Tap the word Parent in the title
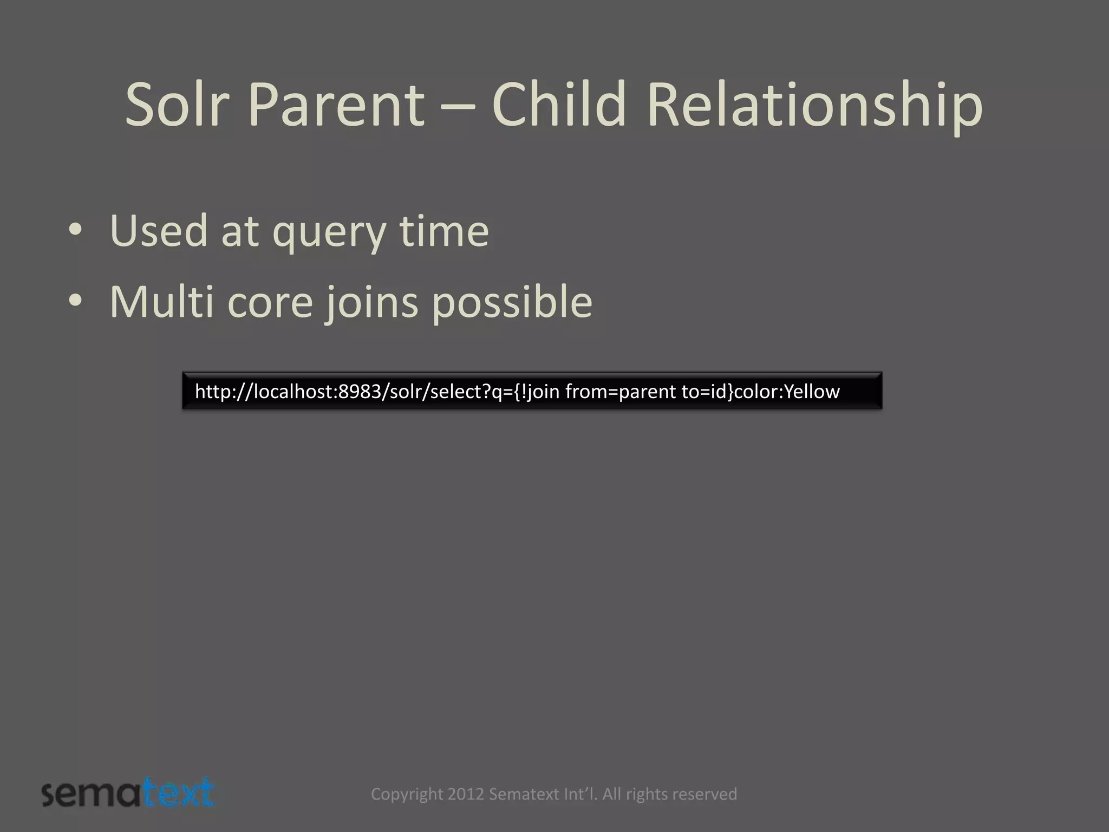[x=336, y=104]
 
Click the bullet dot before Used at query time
[x=75, y=231]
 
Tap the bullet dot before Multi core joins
[x=75, y=302]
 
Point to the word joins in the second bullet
[x=371, y=302]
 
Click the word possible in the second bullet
[x=512, y=302]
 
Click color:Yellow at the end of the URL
[x=786, y=391]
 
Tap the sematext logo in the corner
[x=128, y=793]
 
